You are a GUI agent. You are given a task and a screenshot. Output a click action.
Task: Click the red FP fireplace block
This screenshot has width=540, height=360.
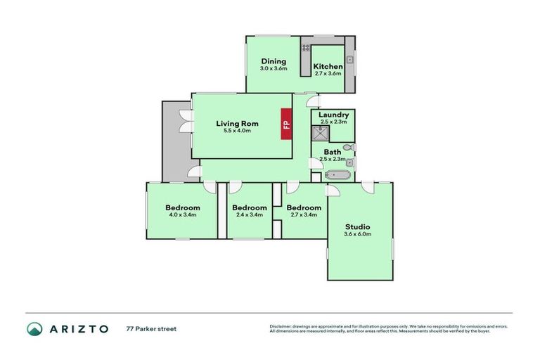click(x=286, y=124)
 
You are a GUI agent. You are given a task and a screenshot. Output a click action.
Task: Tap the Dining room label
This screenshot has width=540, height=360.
click(x=274, y=62)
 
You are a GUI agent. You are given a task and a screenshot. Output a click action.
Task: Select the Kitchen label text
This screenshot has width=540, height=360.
click(x=328, y=66)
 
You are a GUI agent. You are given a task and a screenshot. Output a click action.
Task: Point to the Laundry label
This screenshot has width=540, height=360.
click(x=333, y=115)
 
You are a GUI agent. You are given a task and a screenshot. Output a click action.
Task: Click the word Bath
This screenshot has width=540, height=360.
click(x=333, y=152)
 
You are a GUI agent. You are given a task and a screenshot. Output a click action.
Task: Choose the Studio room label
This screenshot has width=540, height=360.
click(x=357, y=226)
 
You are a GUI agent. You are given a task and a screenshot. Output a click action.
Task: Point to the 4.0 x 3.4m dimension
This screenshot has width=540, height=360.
click(x=183, y=215)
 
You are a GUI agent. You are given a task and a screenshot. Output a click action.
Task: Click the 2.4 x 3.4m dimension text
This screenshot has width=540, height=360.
click(x=250, y=215)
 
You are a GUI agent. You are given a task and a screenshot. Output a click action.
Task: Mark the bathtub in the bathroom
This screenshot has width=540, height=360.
click(x=337, y=175)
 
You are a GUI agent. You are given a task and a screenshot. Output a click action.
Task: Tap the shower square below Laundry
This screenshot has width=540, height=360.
click(x=319, y=131)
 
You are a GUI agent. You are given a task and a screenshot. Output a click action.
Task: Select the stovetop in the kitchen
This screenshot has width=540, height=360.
click(x=307, y=48)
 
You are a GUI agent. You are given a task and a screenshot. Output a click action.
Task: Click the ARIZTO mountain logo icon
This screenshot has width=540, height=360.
click(x=34, y=328)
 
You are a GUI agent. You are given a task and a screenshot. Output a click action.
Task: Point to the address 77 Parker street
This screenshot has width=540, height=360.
click(x=150, y=328)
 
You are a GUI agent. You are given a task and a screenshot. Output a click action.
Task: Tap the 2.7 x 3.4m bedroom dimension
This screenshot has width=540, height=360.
click(x=304, y=215)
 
